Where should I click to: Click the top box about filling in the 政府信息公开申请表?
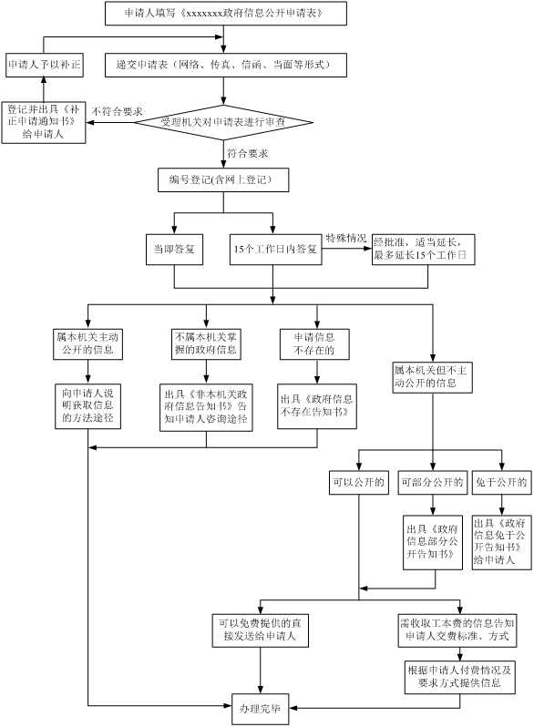click(225, 13)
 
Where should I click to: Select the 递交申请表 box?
click(225, 65)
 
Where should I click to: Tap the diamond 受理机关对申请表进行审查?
click(223, 122)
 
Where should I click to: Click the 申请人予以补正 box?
click(45, 65)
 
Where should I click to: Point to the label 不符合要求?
click(117, 111)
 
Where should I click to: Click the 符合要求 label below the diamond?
click(247, 153)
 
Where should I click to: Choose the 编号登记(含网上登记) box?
click(223, 179)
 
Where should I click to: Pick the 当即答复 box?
click(174, 250)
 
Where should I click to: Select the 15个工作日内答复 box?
click(275, 250)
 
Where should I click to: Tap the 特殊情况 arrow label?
click(346, 239)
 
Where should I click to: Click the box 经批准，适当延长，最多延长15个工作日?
click(423, 250)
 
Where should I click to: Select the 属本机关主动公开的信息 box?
click(88, 344)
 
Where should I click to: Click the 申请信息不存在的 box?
click(314, 344)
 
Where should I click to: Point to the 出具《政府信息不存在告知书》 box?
click(317, 406)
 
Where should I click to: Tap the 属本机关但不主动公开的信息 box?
click(433, 377)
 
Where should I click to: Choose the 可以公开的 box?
click(359, 483)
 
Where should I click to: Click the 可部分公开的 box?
click(433, 483)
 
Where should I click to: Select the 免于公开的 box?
click(501, 483)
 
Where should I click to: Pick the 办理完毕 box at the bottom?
click(261, 709)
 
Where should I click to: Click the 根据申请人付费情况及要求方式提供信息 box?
click(460, 677)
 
